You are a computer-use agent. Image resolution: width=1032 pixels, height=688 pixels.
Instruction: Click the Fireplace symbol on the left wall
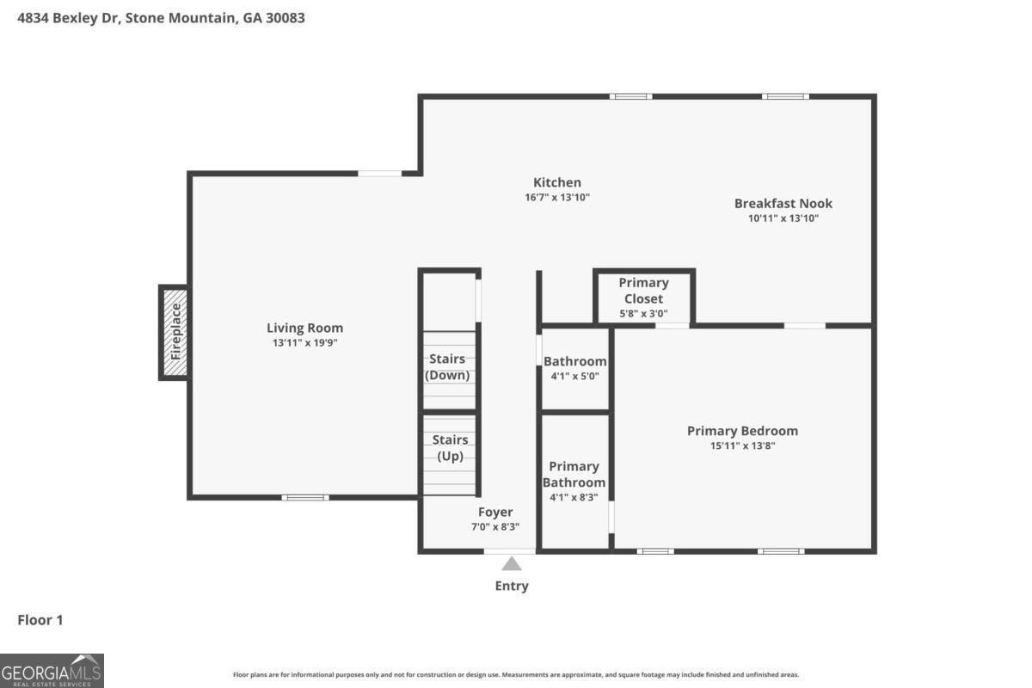click(x=174, y=332)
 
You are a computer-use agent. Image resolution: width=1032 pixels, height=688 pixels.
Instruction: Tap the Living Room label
click(x=304, y=328)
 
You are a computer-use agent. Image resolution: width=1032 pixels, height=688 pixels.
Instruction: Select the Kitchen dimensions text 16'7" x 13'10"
click(x=557, y=197)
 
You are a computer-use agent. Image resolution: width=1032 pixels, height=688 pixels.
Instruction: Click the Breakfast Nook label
click(x=783, y=204)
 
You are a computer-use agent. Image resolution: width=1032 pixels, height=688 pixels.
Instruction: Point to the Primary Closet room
click(x=643, y=298)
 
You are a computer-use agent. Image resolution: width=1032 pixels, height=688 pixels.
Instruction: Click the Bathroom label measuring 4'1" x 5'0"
click(x=574, y=361)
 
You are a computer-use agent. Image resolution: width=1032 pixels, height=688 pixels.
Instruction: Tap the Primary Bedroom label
click(x=742, y=431)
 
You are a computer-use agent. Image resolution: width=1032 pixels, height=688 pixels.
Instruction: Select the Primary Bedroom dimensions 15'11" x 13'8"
click(x=742, y=445)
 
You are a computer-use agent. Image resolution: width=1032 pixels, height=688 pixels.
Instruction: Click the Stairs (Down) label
click(x=447, y=366)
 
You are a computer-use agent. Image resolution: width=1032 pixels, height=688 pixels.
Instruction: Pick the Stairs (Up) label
click(x=450, y=448)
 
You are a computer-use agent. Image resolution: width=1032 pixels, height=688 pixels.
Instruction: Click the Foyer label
click(x=495, y=513)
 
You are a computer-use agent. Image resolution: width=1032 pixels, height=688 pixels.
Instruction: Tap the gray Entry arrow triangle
click(x=512, y=564)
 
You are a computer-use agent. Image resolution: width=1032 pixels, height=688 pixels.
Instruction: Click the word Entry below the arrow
click(x=512, y=586)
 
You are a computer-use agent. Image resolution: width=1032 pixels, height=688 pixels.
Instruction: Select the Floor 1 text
click(x=40, y=619)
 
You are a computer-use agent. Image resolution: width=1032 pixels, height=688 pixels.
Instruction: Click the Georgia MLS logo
click(x=52, y=670)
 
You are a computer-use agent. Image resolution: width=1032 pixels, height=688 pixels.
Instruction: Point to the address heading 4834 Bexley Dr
click(x=162, y=17)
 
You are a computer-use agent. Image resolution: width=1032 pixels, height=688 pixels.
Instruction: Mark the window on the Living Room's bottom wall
click(x=305, y=497)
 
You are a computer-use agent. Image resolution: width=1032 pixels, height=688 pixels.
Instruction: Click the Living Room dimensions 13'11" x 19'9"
click(x=304, y=342)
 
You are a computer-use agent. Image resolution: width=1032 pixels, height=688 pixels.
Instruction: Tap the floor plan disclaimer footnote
click(x=516, y=675)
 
